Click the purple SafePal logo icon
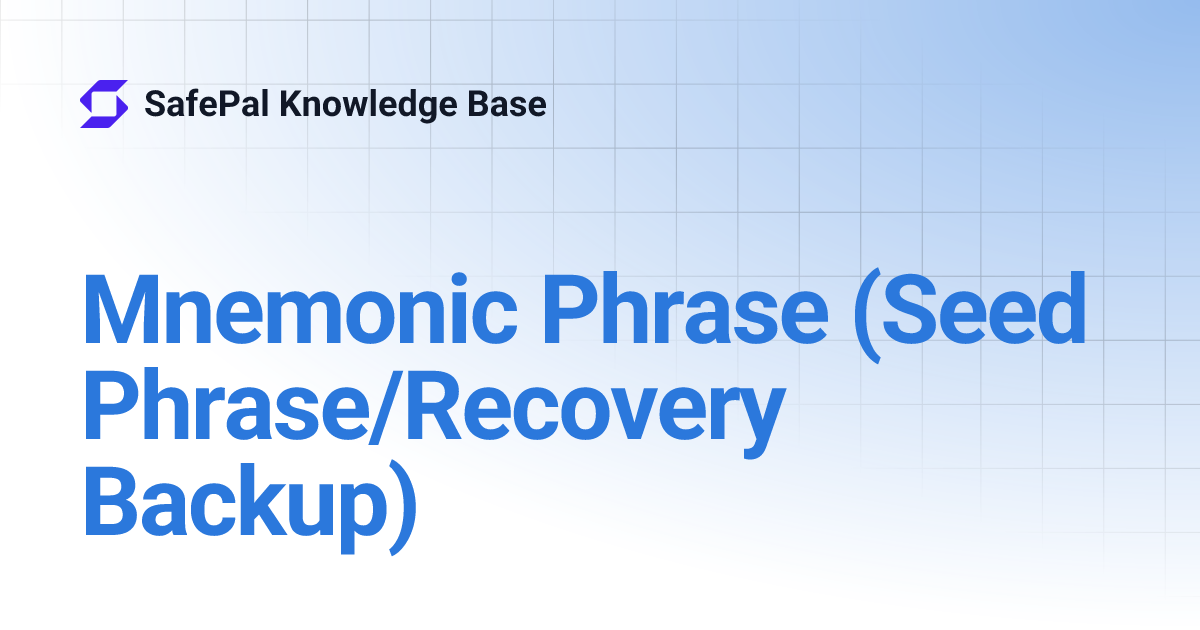(x=104, y=104)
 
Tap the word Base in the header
(x=514, y=104)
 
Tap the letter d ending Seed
(x=1058, y=308)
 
